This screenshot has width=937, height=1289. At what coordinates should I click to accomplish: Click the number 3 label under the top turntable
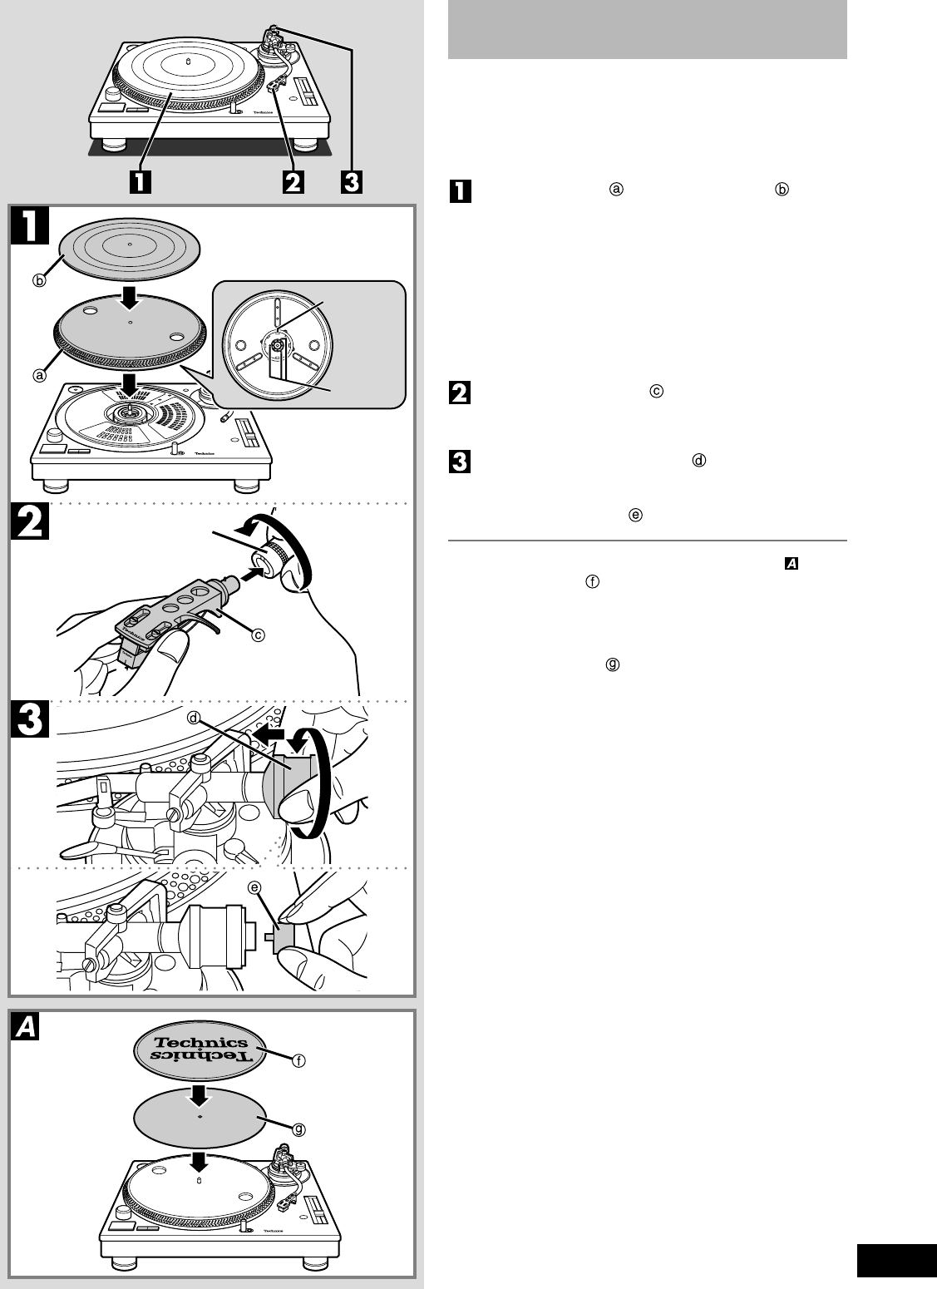352,181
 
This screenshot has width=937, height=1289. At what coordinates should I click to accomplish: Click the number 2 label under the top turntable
292,181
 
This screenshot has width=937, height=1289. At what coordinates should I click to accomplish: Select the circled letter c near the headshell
259,635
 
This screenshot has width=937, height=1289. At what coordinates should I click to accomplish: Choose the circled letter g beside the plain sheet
299,1129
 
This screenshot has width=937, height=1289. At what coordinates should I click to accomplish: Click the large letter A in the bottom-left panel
27,1030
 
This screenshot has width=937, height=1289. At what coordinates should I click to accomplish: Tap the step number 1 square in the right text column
460,191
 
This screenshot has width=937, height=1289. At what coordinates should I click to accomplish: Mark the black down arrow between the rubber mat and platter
131,296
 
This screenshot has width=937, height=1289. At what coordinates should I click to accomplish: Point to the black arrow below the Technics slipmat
198,1093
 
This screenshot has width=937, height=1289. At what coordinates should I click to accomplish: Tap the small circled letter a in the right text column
616,189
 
